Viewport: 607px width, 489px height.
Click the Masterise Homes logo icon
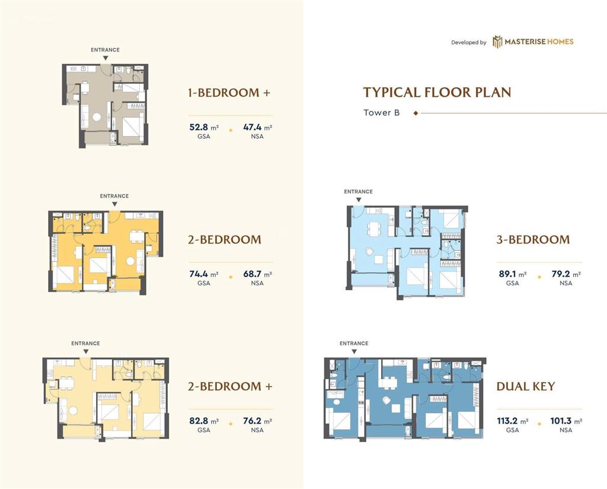tap(497, 42)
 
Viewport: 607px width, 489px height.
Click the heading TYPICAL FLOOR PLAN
tap(437, 92)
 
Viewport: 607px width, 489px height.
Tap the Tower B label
tap(381, 113)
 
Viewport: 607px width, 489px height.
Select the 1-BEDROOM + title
tap(229, 93)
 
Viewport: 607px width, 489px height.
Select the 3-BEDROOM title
tap(533, 240)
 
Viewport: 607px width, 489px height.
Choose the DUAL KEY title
tap(526, 386)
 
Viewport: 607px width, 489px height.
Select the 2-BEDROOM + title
tap(230, 386)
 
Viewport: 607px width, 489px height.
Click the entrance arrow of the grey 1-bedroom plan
tap(106, 58)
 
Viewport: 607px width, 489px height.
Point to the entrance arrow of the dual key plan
tap(354, 351)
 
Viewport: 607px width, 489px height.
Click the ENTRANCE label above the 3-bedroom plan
tap(359, 192)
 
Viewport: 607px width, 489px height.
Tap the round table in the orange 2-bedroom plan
tap(130, 261)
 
